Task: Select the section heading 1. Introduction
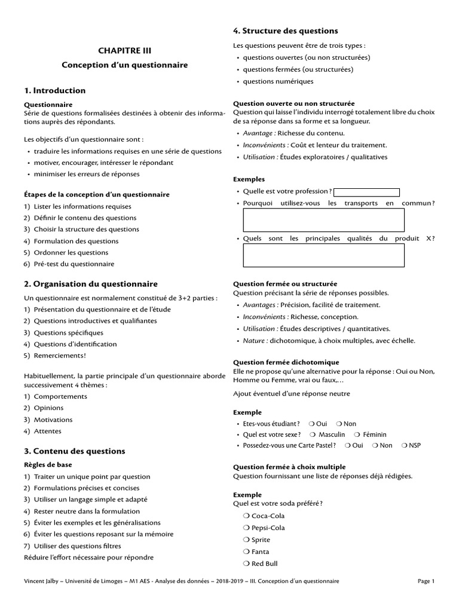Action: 55,91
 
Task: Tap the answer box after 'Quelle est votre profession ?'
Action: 366,192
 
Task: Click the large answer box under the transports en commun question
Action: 323,221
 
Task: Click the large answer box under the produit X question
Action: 323,256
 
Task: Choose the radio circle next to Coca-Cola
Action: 247,516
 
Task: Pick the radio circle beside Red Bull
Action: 247,564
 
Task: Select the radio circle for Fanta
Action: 247,552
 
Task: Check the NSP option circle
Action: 405,445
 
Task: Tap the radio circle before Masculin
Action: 313,434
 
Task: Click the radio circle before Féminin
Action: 357,434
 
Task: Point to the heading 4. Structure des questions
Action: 285,31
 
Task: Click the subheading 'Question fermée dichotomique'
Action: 286,362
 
